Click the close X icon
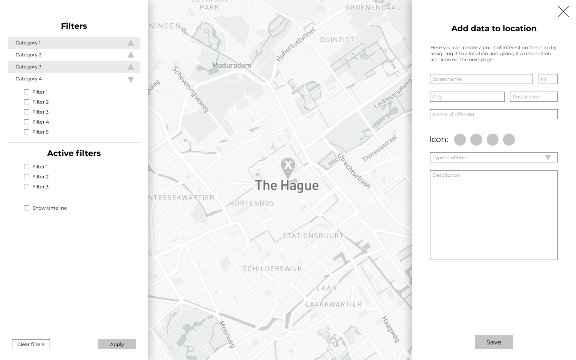pos(563,12)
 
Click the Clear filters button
pos(31,344)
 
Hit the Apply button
pos(117,344)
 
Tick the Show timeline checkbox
pos(27,208)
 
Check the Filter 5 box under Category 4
pos(27,132)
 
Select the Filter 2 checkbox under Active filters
pos(27,177)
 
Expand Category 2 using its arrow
pos(131,55)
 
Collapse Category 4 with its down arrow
pos(131,79)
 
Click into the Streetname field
pos(481,79)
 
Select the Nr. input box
pos(548,79)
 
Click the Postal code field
pos(534,97)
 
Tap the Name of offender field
pos(494,114)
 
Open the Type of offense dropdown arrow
pos(548,158)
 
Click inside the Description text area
pos(494,216)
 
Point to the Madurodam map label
pos(232,65)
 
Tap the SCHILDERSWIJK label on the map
pos(272,269)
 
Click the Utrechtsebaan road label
pos(354,171)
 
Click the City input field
pos(467,97)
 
